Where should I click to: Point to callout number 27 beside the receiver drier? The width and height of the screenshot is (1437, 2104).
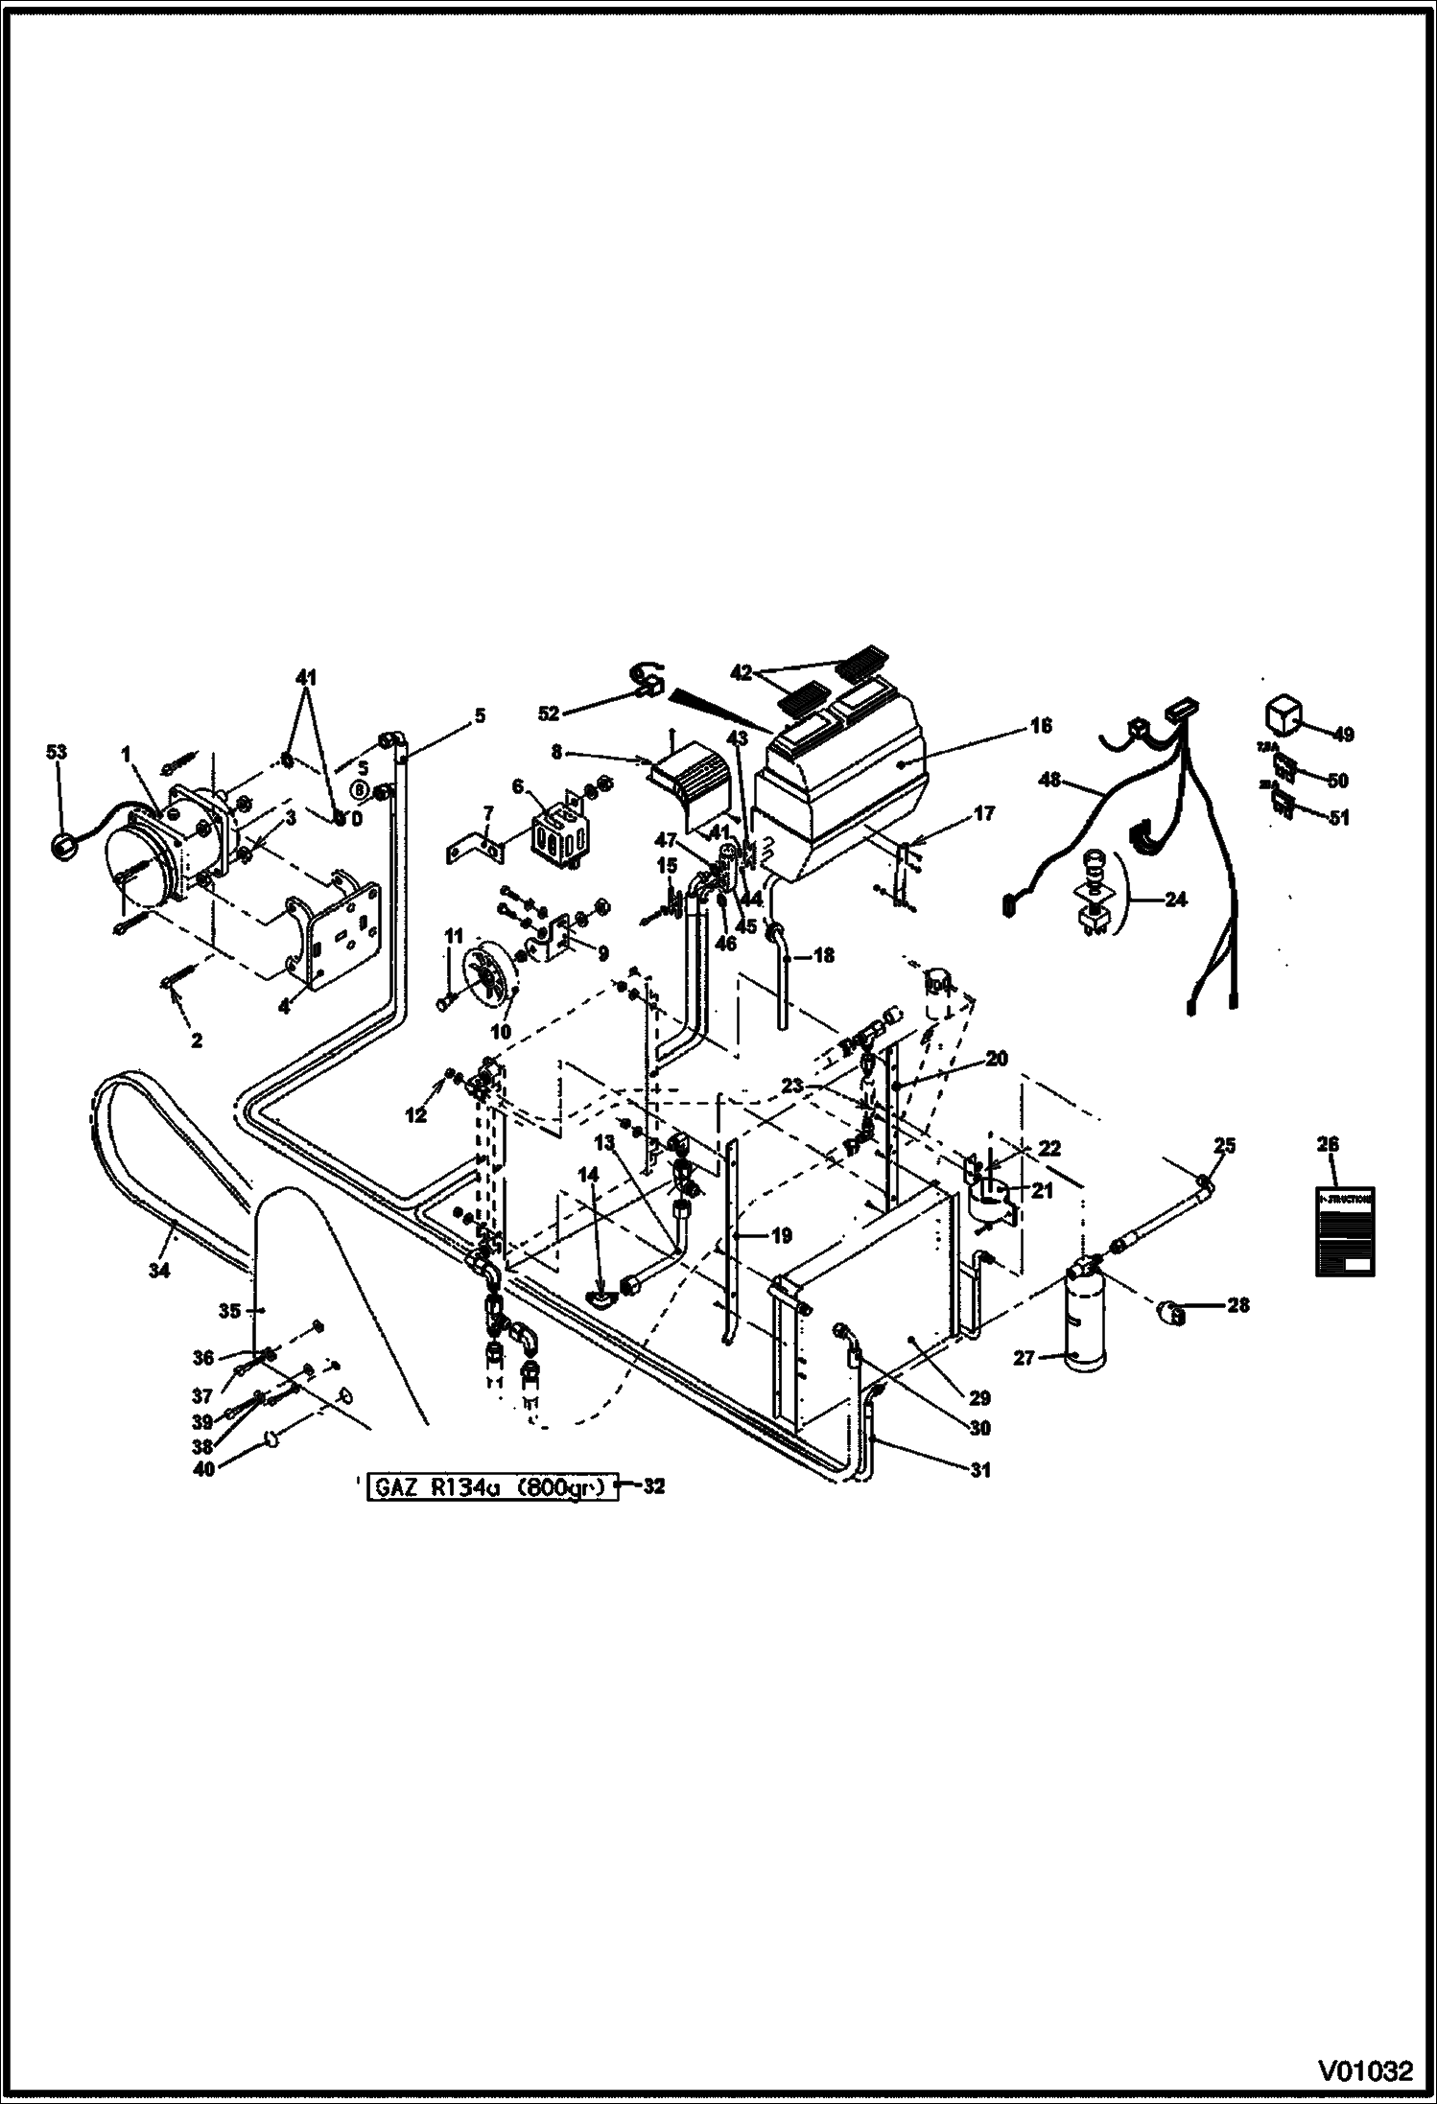coord(1024,1358)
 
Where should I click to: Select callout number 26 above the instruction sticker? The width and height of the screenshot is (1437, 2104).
coord(1329,1144)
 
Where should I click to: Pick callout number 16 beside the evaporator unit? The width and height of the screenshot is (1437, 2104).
coord(1042,725)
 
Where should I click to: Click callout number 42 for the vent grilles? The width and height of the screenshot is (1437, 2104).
coord(740,673)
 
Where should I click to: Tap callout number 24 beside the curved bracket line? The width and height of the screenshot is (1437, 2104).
coord(1175,900)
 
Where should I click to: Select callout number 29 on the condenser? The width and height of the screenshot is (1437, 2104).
coord(979,1398)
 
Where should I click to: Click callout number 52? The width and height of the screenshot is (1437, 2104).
coord(548,714)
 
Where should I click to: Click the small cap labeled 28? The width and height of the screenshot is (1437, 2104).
coord(1171,1308)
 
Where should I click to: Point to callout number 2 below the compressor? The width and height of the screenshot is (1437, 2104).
coord(196,1040)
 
